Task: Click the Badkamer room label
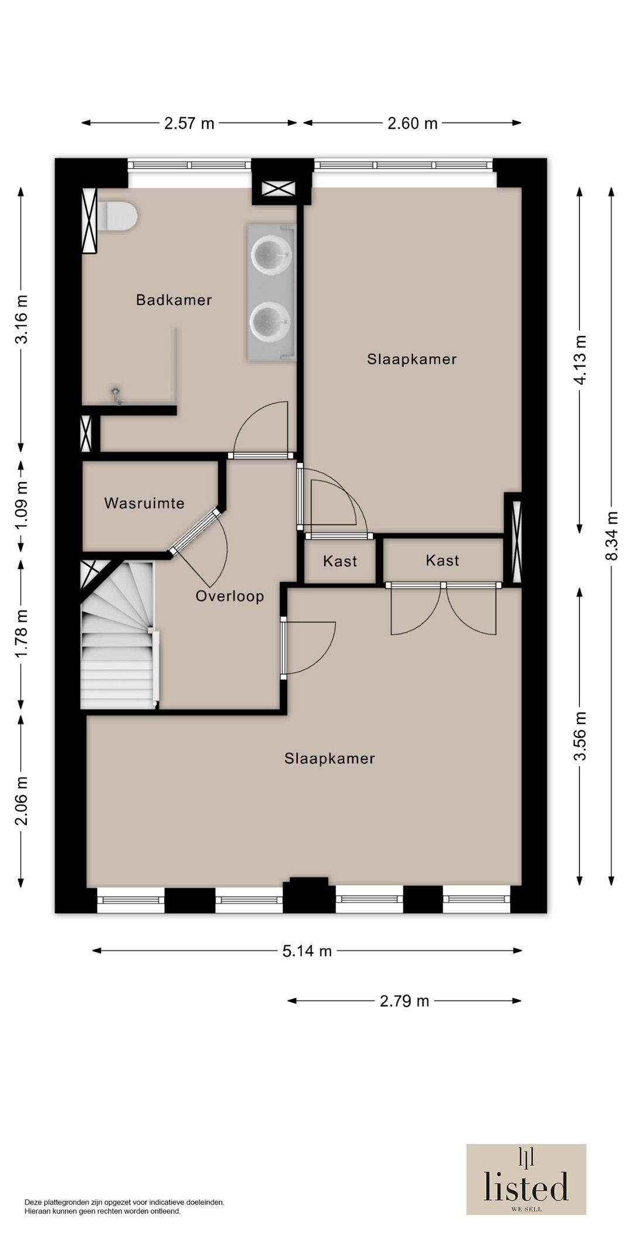coord(173,300)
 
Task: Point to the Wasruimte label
coord(144,503)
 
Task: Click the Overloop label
coord(229,596)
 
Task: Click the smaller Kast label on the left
coord(340,561)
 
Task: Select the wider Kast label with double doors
coord(442,560)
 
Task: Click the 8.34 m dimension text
coord(612,536)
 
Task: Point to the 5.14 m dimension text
coord(307,951)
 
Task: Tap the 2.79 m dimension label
coord(404,1001)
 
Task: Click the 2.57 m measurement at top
coord(189,123)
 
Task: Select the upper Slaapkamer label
coord(411,359)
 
